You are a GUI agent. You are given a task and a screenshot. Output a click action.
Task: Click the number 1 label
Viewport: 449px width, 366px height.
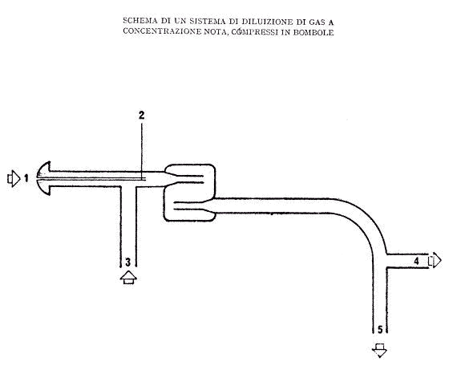[x=26, y=178]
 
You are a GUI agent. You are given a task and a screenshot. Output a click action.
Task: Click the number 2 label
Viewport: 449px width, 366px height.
[x=142, y=116]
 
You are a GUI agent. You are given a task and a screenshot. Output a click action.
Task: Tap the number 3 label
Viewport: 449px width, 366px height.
[x=128, y=262]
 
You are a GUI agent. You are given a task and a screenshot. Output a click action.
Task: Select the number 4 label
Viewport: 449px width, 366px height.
[x=416, y=261]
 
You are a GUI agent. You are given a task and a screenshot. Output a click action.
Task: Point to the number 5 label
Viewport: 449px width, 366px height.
[x=380, y=330]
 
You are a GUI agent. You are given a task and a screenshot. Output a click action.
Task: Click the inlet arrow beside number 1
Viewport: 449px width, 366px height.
[x=14, y=179]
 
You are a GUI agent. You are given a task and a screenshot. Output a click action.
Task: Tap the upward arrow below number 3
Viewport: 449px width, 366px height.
[x=128, y=277]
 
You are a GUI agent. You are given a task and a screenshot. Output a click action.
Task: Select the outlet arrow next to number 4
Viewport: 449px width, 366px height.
[x=435, y=260]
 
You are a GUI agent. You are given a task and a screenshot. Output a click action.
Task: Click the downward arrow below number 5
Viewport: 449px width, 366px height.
[x=380, y=350]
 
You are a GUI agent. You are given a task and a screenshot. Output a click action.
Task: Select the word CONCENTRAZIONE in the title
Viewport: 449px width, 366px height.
[x=162, y=31]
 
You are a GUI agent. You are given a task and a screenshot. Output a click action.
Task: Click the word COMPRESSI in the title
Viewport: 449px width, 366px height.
[x=255, y=32]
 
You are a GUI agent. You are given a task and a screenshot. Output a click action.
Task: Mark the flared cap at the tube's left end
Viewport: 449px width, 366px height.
[x=44, y=178]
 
